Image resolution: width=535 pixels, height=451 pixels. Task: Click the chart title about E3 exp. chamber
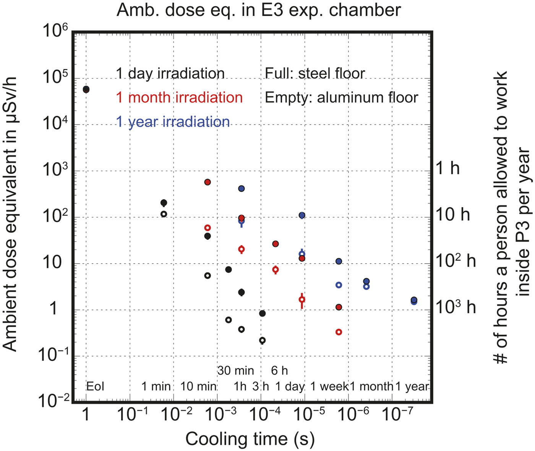[259, 10]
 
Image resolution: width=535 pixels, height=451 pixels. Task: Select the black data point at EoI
[86, 90]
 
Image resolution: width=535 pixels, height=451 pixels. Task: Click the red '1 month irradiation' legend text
[179, 98]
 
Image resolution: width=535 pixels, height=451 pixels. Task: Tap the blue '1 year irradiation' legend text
[173, 122]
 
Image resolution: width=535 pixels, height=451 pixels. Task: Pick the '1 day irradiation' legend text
[170, 73]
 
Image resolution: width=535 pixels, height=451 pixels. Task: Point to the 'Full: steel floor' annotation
[315, 73]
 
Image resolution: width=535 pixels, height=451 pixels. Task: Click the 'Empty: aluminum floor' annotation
[341, 98]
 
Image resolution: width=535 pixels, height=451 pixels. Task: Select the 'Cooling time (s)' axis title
[250, 439]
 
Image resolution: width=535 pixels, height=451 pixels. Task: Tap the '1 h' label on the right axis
[448, 168]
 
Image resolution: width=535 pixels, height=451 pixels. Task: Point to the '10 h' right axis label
[453, 215]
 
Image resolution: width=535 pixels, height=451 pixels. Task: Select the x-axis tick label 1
[86, 414]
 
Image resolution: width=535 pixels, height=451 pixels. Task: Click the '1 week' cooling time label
[329, 386]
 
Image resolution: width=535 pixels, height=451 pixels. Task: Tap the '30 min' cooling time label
[235, 370]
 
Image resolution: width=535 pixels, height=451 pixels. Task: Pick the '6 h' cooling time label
[279, 370]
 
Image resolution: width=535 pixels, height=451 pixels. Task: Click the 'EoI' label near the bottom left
[95, 386]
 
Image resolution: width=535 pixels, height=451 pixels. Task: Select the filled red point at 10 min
[208, 182]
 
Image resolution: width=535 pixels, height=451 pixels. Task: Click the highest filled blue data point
[242, 189]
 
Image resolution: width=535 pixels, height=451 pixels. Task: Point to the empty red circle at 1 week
[339, 332]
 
